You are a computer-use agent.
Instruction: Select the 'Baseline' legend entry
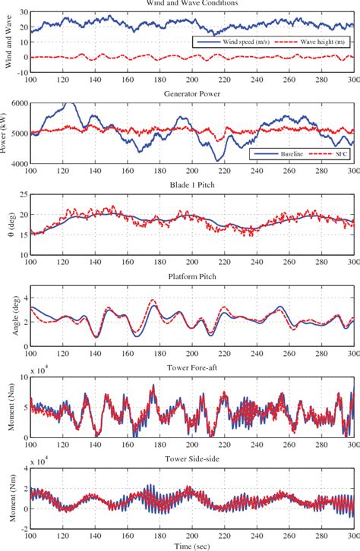pyautogui.click(x=283, y=154)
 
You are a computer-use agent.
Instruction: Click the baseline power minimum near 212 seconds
pyautogui.click(x=219, y=160)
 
